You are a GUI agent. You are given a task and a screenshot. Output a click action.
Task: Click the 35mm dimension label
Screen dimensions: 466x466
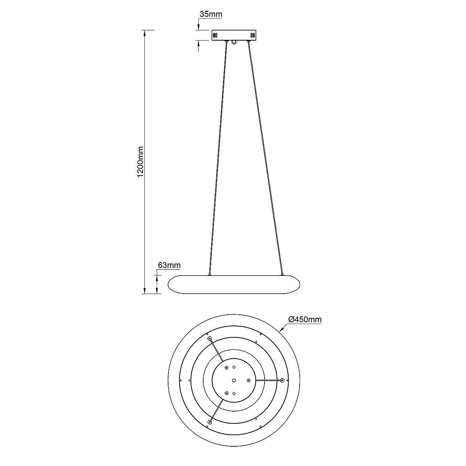click(211, 14)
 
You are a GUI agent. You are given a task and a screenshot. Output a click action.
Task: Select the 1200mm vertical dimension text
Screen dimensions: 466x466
click(141, 162)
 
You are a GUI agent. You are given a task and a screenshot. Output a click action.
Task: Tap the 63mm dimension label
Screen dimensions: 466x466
click(169, 265)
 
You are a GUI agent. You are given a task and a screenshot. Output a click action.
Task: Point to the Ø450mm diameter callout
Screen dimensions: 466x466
click(305, 319)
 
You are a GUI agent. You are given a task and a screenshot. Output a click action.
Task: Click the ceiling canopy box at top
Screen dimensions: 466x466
click(234, 35)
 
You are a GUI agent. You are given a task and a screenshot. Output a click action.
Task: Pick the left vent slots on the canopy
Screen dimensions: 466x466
click(215, 35)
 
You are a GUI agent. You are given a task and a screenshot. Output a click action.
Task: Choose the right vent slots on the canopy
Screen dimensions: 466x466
click(252, 35)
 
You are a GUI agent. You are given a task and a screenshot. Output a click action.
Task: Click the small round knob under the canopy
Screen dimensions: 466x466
click(234, 43)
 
